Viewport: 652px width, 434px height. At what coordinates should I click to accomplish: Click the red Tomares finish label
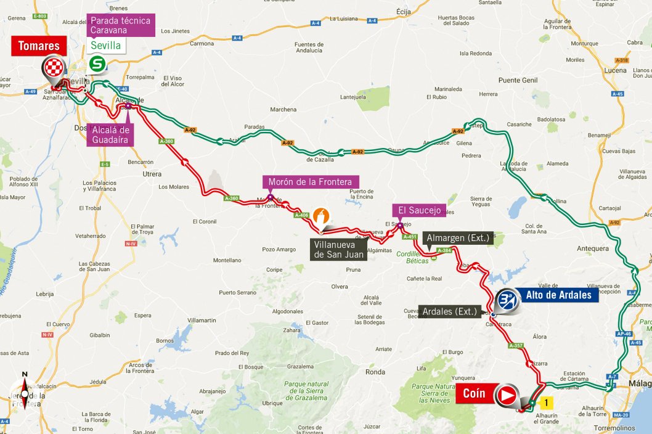pyautogui.click(x=39, y=46)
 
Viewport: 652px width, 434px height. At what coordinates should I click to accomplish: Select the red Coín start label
pyautogui.click(x=473, y=393)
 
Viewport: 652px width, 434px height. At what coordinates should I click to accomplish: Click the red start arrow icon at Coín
pyautogui.click(x=507, y=395)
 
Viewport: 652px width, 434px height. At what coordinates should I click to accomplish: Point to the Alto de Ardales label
pyautogui.click(x=559, y=295)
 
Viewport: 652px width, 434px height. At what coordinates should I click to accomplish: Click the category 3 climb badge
pyautogui.click(x=507, y=300)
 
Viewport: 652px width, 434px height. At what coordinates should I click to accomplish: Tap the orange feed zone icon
pyautogui.click(x=322, y=216)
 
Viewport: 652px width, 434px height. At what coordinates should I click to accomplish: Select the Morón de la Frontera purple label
pyautogui.click(x=310, y=182)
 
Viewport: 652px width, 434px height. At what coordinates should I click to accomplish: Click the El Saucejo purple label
pyautogui.click(x=419, y=210)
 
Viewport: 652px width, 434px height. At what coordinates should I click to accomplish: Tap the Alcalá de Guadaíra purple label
pyautogui.click(x=111, y=134)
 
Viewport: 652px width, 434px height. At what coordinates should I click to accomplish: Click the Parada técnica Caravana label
pyautogui.click(x=120, y=25)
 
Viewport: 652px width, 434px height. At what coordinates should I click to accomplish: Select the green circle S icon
pyautogui.click(x=97, y=63)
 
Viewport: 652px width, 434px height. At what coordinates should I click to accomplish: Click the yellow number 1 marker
pyautogui.click(x=545, y=403)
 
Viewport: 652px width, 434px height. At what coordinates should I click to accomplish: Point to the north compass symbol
pyautogui.click(x=25, y=391)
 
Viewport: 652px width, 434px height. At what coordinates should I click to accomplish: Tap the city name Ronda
pyautogui.click(x=375, y=372)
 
